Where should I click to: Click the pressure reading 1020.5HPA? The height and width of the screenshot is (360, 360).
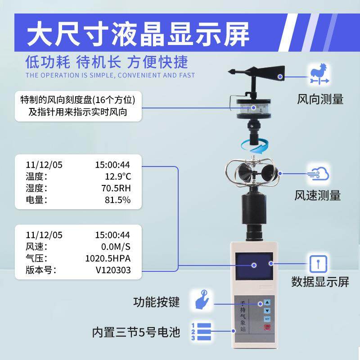pyautogui.click(x=108, y=258)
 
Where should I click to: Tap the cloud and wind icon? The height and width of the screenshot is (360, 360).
pyautogui.click(x=319, y=175)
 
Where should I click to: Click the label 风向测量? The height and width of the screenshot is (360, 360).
pyautogui.click(x=320, y=99)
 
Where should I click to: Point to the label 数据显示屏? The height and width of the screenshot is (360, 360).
pyautogui.click(x=320, y=282)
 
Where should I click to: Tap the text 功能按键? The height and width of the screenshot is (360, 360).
pyautogui.click(x=157, y=301)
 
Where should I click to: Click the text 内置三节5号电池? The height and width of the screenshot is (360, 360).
pyautogui.click(x=136, y=333)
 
